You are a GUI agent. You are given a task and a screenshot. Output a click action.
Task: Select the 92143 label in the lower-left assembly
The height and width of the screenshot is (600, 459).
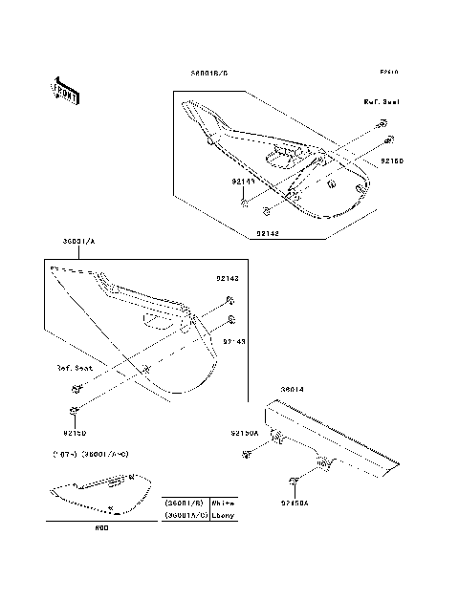point(235,339)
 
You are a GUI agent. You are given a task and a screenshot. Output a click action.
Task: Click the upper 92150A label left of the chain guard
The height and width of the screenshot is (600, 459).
point(245,433)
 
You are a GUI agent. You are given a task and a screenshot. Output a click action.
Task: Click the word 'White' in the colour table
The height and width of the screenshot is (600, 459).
point(223,502)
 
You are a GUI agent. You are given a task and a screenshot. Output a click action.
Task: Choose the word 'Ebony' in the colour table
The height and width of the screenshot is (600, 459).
point(223,515)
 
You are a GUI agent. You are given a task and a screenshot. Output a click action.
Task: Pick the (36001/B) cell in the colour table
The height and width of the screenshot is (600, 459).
point(186,502)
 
